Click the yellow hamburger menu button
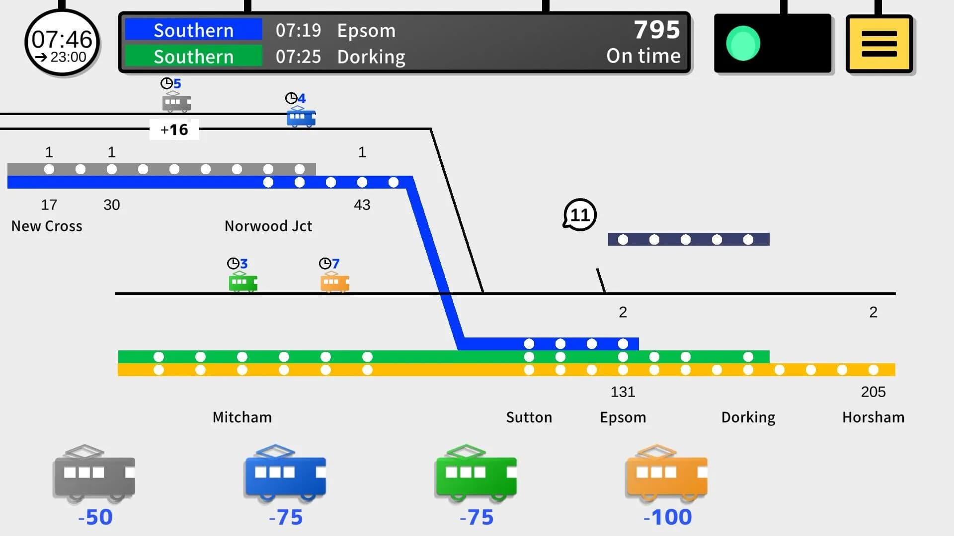(x=879, y=44)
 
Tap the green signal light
(x=743, y=44)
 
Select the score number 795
(x=657, y=30)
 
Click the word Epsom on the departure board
(x=366, y=31)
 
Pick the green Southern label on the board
(x=193, y=57)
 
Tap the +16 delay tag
(x=174, y=130)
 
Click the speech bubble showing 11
(x=579, y=215)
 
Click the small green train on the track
(x=243, y=282)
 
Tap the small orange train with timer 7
(x=335, y=282)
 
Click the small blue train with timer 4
(x=301, y=117)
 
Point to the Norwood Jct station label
(x=268, y=226)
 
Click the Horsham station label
(x=874, y=417)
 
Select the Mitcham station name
(x=242, y=417)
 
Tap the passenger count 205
(x=874, y=392)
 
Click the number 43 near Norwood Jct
(x=362, y=205)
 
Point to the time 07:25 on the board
(x=298, y=57)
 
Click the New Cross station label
(x=47, y=226)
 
